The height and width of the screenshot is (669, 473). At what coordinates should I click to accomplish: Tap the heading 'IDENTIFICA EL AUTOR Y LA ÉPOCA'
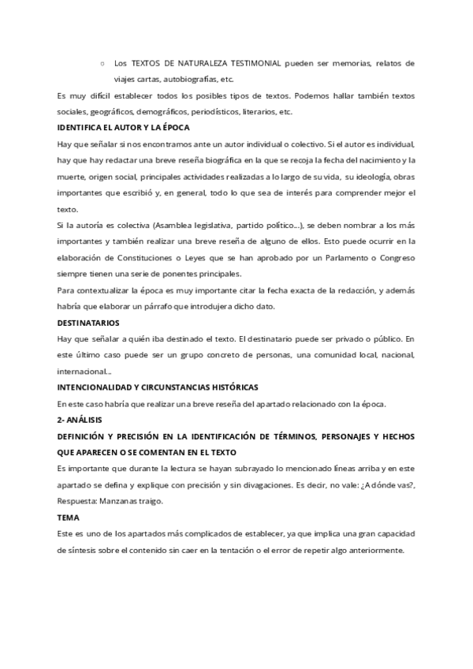pos(124,127)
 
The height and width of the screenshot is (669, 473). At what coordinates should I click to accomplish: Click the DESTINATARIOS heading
pos(89,323)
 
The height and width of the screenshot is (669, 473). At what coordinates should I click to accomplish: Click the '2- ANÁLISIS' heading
pos(80,420)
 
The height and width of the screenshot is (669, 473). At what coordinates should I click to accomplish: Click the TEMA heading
pos(69,517)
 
